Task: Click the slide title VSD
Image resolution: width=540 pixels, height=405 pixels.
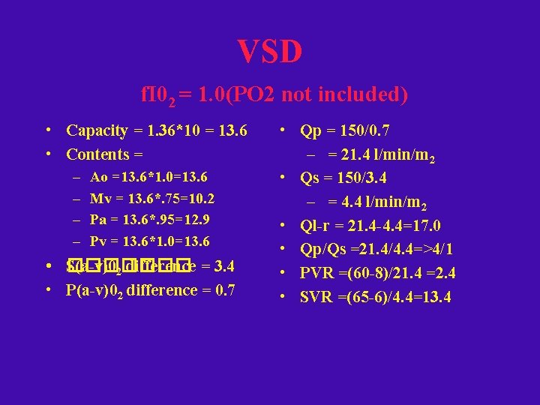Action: tap(270, 52)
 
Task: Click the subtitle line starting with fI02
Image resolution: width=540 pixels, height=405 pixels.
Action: tap(274, 95)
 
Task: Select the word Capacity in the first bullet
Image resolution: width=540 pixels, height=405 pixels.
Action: tap(97, 130)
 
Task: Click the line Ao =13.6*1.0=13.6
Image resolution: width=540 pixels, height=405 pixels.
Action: tap(148, 177)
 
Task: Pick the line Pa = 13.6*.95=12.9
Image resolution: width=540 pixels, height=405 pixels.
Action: tap(149, 220)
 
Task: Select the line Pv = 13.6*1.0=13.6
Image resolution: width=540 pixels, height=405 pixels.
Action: tap(149, 241)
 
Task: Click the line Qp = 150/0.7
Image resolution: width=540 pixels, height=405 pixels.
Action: tap(344, 130)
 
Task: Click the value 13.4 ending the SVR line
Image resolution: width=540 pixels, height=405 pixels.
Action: tap(436, 297)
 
